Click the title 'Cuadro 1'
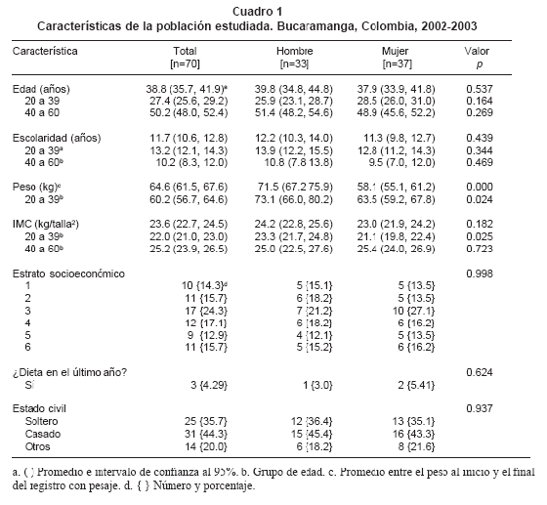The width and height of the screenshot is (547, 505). click(x=258, y=12)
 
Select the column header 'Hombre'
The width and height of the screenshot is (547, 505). click(x=294, y=51)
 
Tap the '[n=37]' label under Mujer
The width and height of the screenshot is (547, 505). click(x=397, y=64)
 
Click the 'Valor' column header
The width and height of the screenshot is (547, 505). click(x=477, y=51)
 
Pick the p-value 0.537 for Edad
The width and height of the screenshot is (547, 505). click(x=480, y=89)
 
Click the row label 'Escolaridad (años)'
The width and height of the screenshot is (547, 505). click(x=57, y=138)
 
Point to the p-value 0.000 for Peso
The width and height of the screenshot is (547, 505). click(x=480, y=187)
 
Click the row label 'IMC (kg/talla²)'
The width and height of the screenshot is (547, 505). click(x=46, y=224)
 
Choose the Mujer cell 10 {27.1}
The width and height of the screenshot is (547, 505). click(x=413, y=311)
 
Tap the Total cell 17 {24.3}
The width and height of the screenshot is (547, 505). click(x=206, y=311)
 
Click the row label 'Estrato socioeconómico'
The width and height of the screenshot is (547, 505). click(x=68, y=274)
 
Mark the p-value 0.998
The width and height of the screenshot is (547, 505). click(x=480, y=274)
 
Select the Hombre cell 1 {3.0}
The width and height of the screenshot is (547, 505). click(x=317, y=386)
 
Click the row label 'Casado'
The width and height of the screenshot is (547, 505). click(x=43, y=435)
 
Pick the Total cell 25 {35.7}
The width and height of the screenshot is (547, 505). click(x=206, y=422)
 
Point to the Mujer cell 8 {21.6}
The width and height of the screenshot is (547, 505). click(x=416, y=446)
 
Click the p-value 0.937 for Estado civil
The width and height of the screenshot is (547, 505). click(x=480, y=408)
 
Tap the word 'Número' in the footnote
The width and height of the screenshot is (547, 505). click(x=172, y=485)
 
